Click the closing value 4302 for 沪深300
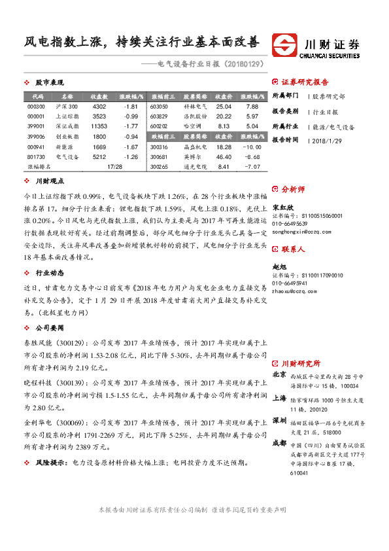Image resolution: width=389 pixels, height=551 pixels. coord(99,106)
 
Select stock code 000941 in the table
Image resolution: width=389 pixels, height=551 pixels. coord(36,147)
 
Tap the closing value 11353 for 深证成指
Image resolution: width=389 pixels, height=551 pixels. coord(99,126)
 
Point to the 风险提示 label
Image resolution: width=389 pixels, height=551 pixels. coord(50,462)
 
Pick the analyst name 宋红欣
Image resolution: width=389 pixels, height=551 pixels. coord(283,207)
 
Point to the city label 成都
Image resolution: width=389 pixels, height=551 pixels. coord(279,442)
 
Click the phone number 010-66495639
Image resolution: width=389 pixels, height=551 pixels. coord(292,223)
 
